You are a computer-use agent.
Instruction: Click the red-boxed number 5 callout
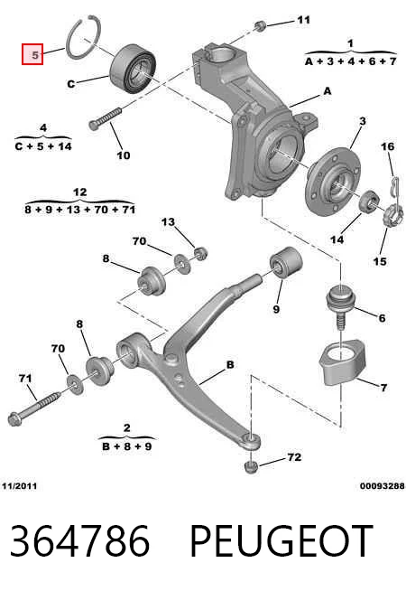pyautogui.click(x=32, y=54)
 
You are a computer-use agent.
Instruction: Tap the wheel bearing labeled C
pyautogui.click(x=133, y=69)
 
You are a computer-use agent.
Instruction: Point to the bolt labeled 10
pyautogui.click(x=105, y=118)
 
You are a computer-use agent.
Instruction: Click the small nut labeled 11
pyautogui.click(x=260, y=26)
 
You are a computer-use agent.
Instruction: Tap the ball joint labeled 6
pyautogui.click(x=340, y=306)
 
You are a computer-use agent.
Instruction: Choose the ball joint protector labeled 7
pyautogui.click(x=342, y=362)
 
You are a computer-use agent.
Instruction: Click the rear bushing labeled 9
pyautogui.click(x=286, y=262)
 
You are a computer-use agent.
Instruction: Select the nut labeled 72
pyautogui.click(x=251, y=466)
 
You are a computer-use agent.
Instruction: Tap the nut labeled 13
pyautogui.click(x=201, y=253)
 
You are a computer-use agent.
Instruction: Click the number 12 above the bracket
pyautogui.click(x=79, y=192)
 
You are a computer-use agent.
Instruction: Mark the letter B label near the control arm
pyautogui.click(x=230, y=364)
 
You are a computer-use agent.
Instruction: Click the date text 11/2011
pyautogui.click(x=20, y=486)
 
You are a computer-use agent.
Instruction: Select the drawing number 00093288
pyautogui.click(x=383, y=486)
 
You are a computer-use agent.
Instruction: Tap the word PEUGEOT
pyautogui.click(x=281, y=541)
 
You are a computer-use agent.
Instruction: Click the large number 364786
pyautogui.click(x=79, y=541)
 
